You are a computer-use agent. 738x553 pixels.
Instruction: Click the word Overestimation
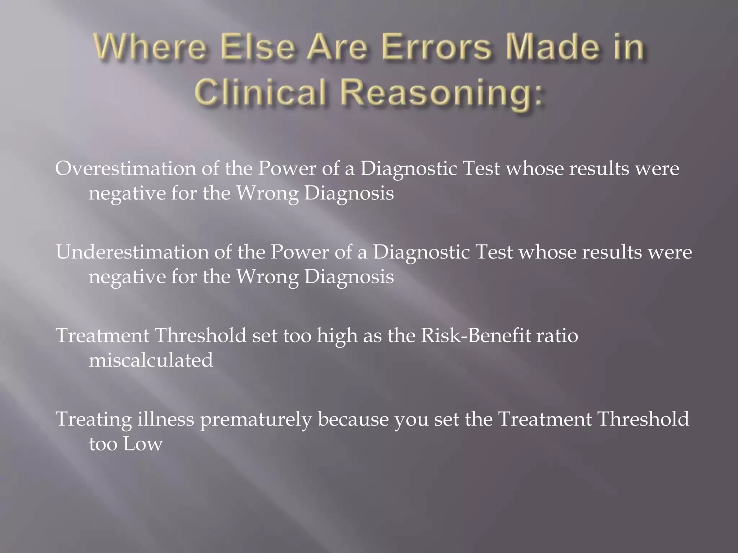click(125, 168)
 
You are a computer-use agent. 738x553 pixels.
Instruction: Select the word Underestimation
click(132, 252)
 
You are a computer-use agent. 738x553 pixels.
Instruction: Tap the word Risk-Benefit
click(476, 336)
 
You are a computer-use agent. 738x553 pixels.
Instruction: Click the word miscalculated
click(151, 360)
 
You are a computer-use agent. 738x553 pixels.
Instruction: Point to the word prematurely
click(255, 420)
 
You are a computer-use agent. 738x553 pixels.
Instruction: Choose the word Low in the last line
click(143, 444)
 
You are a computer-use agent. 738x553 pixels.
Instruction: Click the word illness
click(166, 419)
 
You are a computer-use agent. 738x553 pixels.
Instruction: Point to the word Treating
click(94, 420)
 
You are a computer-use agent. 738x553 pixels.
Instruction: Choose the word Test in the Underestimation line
click(494, 252)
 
